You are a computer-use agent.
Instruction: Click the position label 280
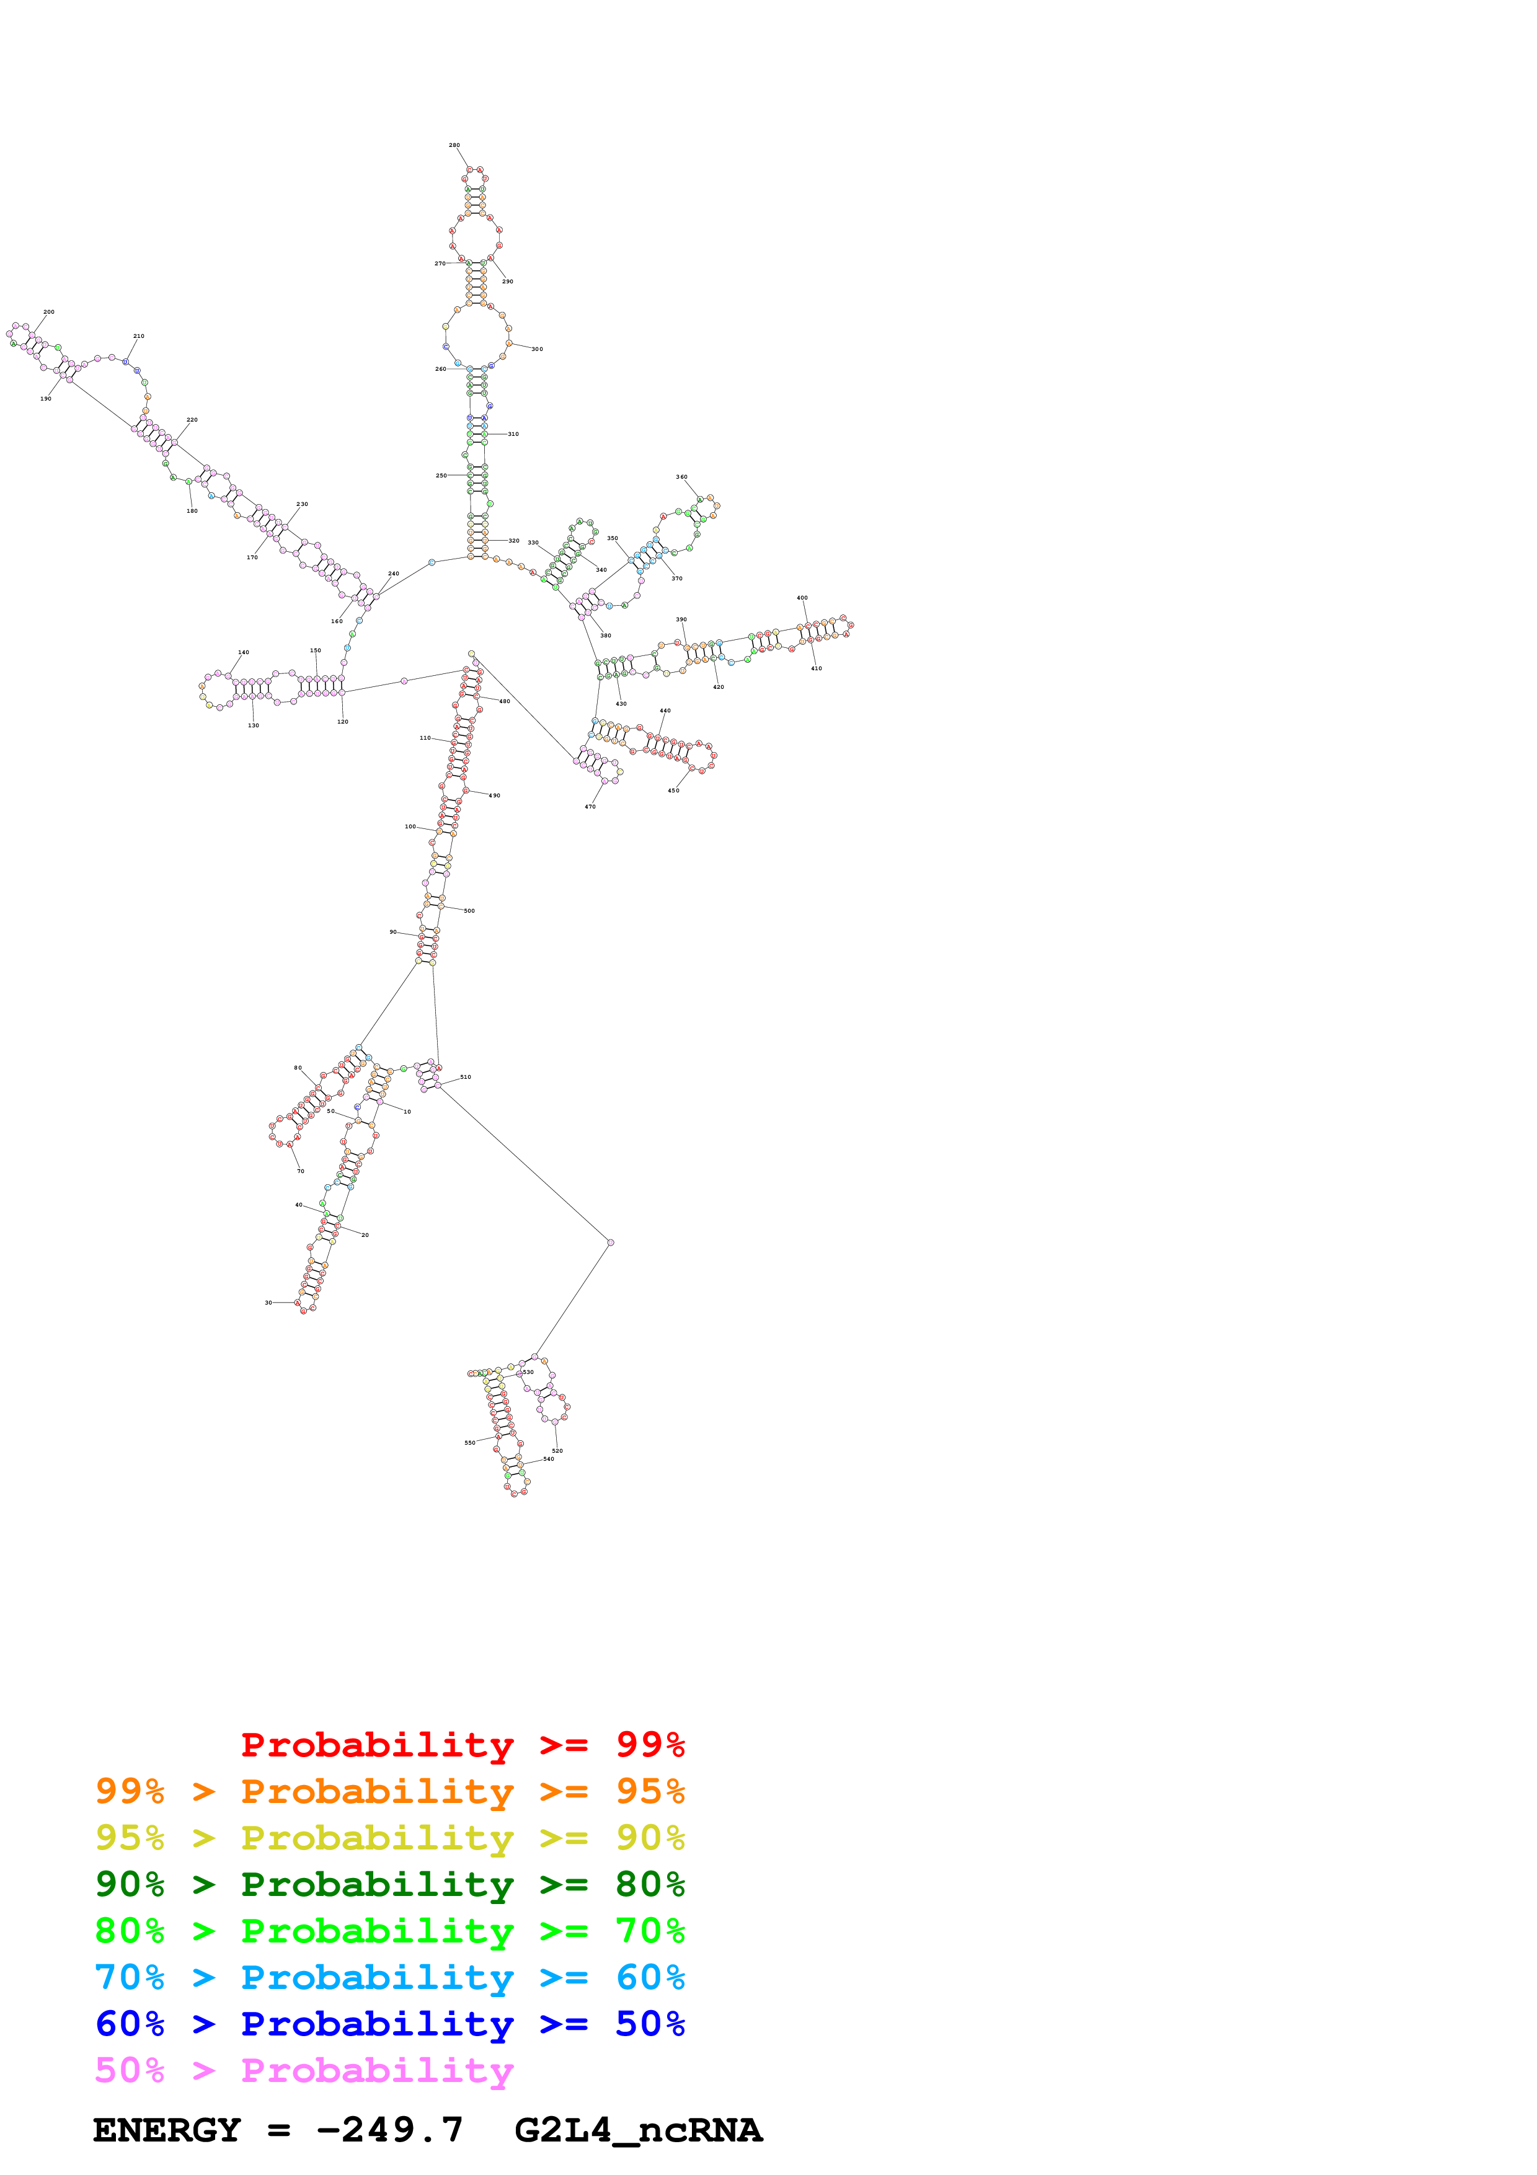pyautogui.click(x=454, y=146)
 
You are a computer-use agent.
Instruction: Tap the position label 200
pyautogui.click(x=48, y=312)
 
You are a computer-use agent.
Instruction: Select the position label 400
pyautogui.click(x=802, y=598)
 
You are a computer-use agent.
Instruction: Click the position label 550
pyautogui.click(x=470, y=1443)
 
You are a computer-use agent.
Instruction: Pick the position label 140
pyautogui.click(x=244, y=653)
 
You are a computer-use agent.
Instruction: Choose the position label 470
pyautogui.click(x=590, y=806)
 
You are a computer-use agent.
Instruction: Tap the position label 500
pyautogui.click(x=469, y=910)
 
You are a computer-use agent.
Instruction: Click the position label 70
pyautogui.click(x=301, y=1171)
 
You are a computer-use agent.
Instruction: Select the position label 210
pyautogui.click(x=138, y=336)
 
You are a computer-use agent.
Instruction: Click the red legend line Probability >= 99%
pyautogui.click(x=462, y=1744)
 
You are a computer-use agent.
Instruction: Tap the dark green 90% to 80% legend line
pyautogui.click(x=389, y=1884)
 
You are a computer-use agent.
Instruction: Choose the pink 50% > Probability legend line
pyautogui.click(x=304, y=2070)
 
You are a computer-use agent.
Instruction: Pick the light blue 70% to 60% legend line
pyautogui.click(x=389, y=1977)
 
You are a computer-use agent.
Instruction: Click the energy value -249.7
pyautogui.click(x=389, y=2130)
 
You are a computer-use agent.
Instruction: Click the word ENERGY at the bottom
pyautogui.click(x=167, y=2130)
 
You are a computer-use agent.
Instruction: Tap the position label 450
pyautogui.click(x=673, y=790)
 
